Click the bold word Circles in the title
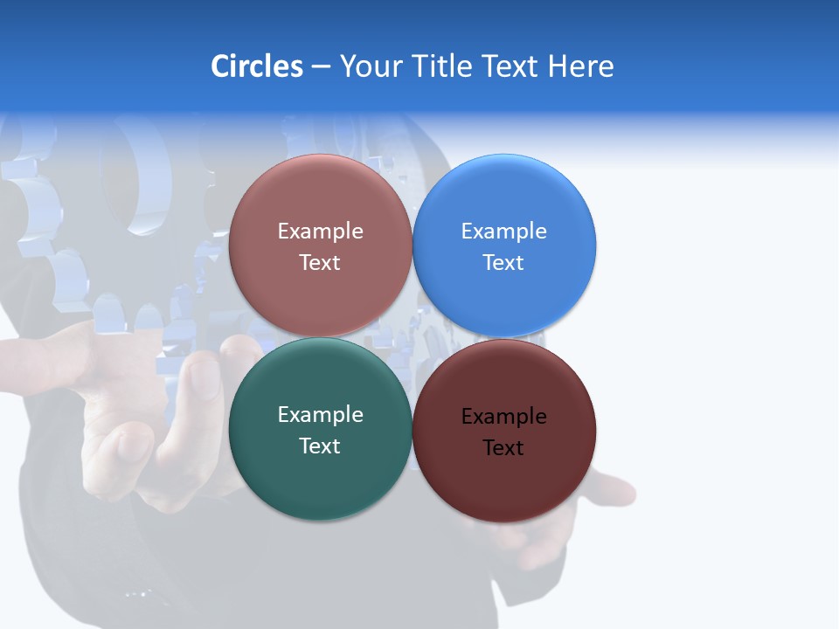[257, 66]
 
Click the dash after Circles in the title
[321, 67]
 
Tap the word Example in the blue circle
[504, 232]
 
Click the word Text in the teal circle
[320, 446]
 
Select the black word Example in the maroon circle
[504, 417]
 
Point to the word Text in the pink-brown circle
[320, 262]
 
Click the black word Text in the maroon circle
[503, 448]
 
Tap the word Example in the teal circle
[320, 415]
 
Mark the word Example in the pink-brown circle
[320, 232]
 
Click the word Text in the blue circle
[503, 262]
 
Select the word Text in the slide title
[511, 66]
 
